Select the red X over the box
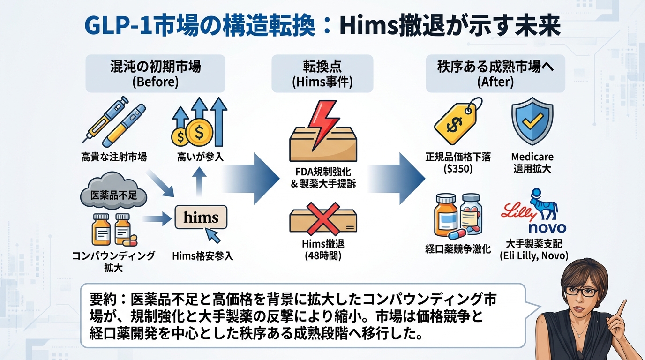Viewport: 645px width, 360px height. [x=322, y=219]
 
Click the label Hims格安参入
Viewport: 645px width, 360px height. [x=202, y=256]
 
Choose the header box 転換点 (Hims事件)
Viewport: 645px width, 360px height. [x=322, y=74]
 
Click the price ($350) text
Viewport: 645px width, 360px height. [x=457, y=169]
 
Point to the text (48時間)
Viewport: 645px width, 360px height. [x=322, y=256]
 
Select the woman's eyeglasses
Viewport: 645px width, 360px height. [x=581, y=291]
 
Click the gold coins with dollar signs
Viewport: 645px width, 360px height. [x=189, y=135]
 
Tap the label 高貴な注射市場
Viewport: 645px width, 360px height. [x=114, y=157]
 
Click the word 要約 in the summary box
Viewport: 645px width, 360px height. [x=99, y=299]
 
